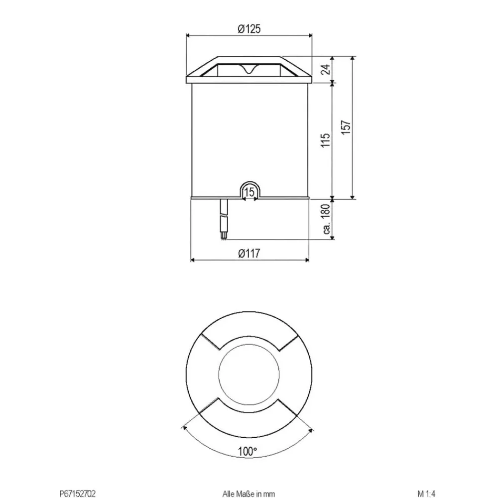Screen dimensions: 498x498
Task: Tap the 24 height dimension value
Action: coord(326,69)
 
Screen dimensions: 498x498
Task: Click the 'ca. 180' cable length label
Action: coord(326,220)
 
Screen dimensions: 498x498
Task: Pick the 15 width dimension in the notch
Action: coord(250,192)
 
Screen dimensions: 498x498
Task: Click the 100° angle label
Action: coord(248,452)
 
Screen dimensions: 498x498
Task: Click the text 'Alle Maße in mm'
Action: coord(249,494)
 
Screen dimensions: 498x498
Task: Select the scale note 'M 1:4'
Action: coord(427,494)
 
